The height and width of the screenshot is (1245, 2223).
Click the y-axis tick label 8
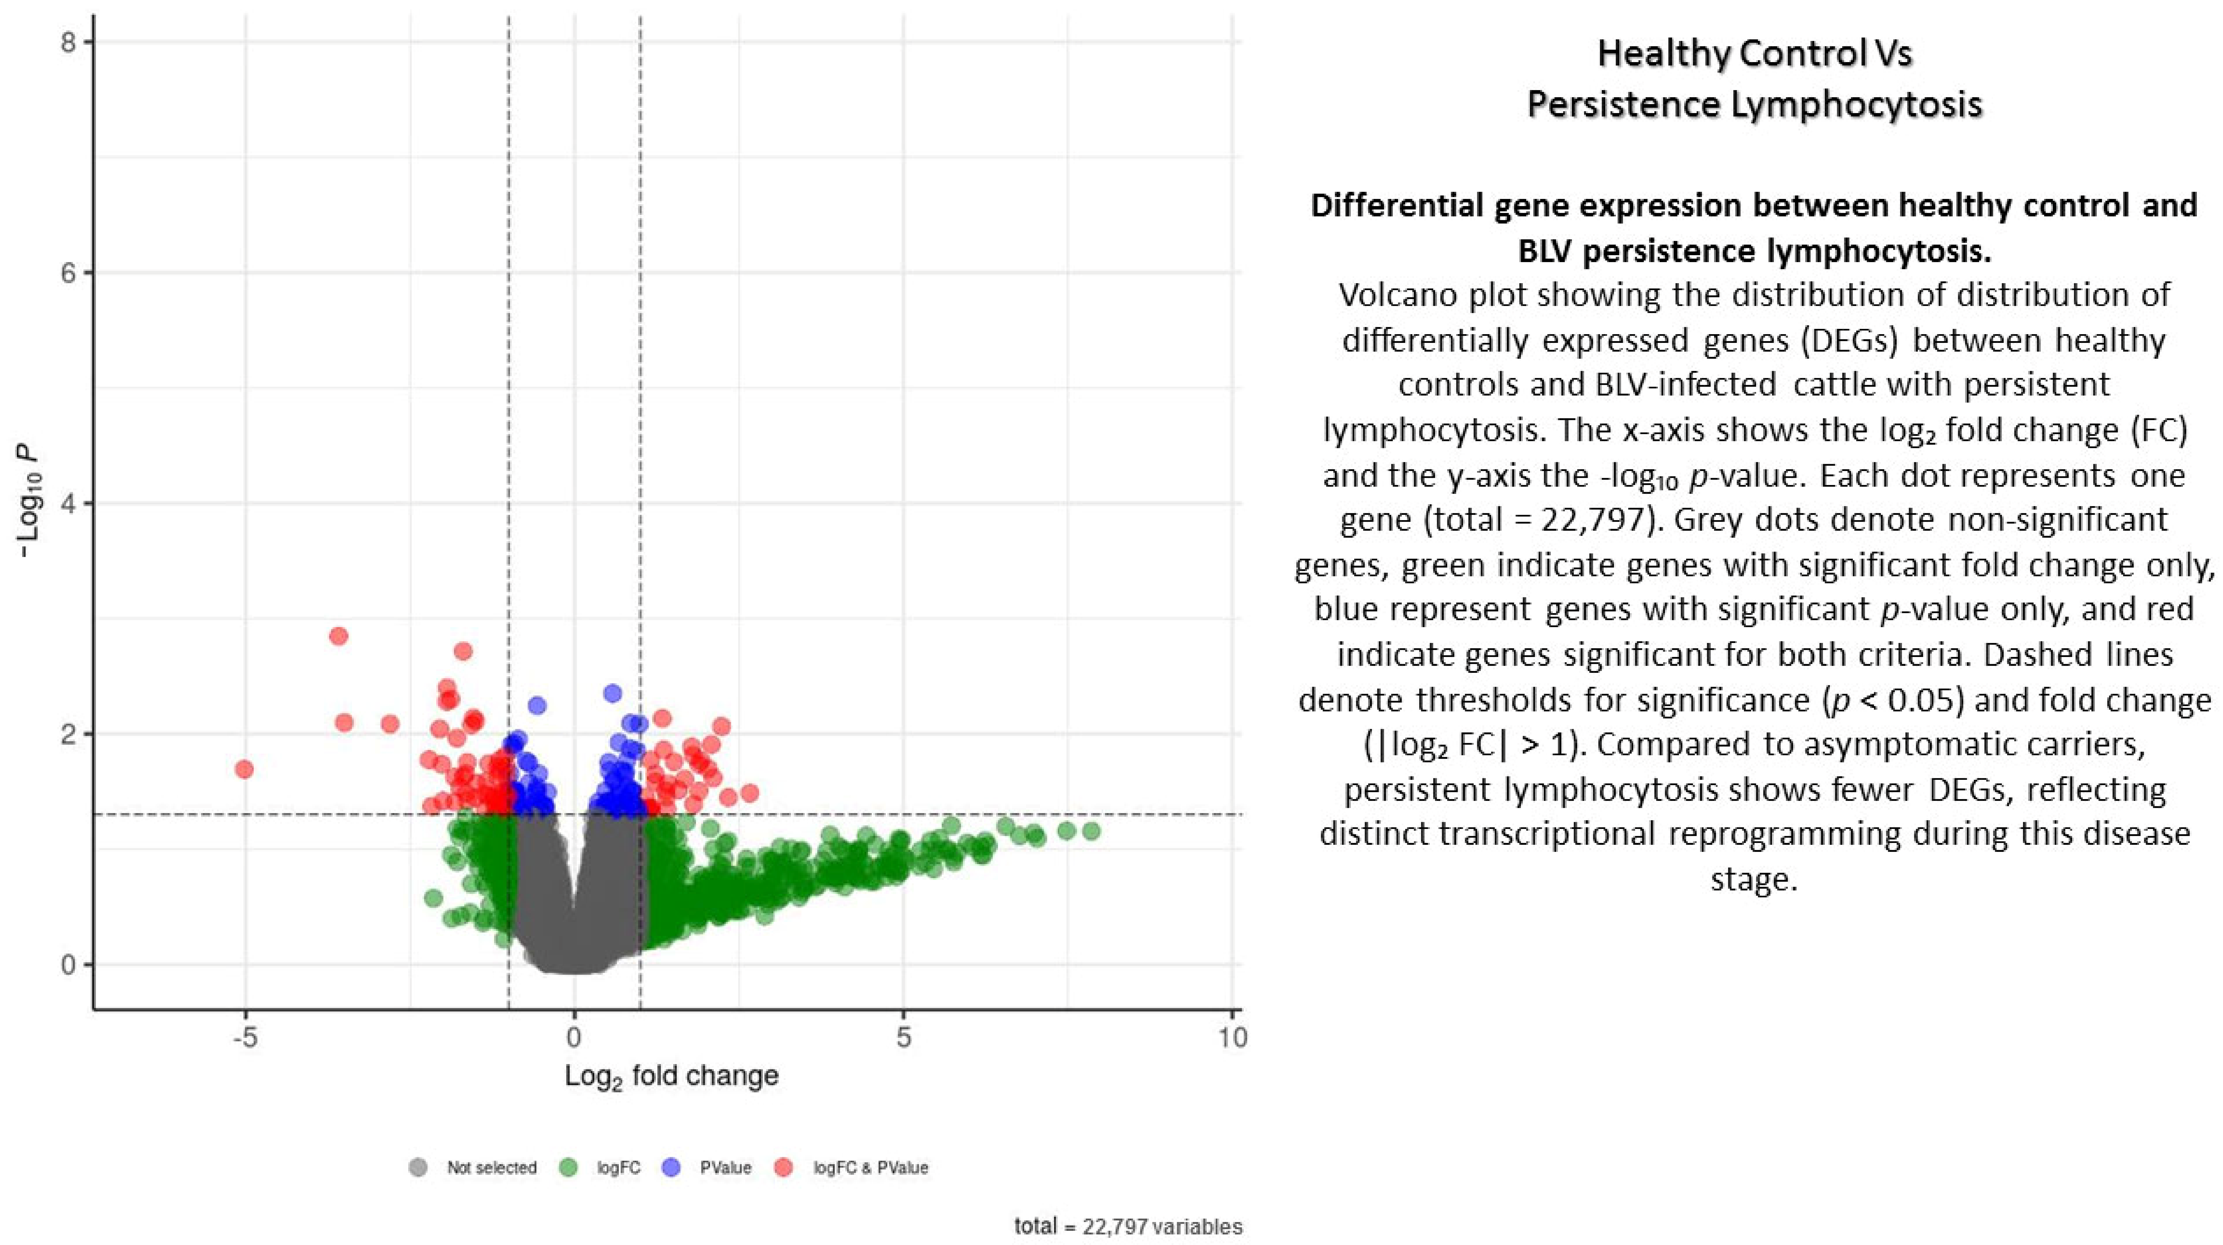(x=69, y=42)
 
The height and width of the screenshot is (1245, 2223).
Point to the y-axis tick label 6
(x=69, y=273)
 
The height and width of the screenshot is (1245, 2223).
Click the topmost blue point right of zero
(x=613, y=693)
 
